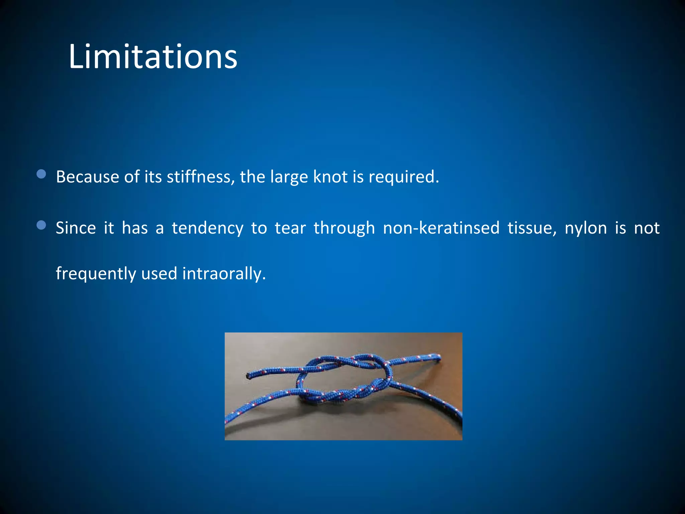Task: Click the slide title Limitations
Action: coord(153,57)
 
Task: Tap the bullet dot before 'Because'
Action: coord(41,174)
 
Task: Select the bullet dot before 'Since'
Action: coord(41,225)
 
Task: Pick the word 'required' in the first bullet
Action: coord(403,177)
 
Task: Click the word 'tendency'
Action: coord(207,228)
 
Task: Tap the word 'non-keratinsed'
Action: coord(441,228)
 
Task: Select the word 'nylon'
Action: coord(586,228)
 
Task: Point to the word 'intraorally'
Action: coord(223,274)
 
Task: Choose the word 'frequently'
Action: coord(96,274)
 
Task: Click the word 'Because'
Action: coord(87,177)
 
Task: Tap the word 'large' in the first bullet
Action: coord(289,177)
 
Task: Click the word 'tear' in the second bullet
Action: coord(290,228)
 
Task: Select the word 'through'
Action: coord(344,228)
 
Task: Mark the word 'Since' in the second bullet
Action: coord(76,228)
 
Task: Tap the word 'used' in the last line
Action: coord(159,274)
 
